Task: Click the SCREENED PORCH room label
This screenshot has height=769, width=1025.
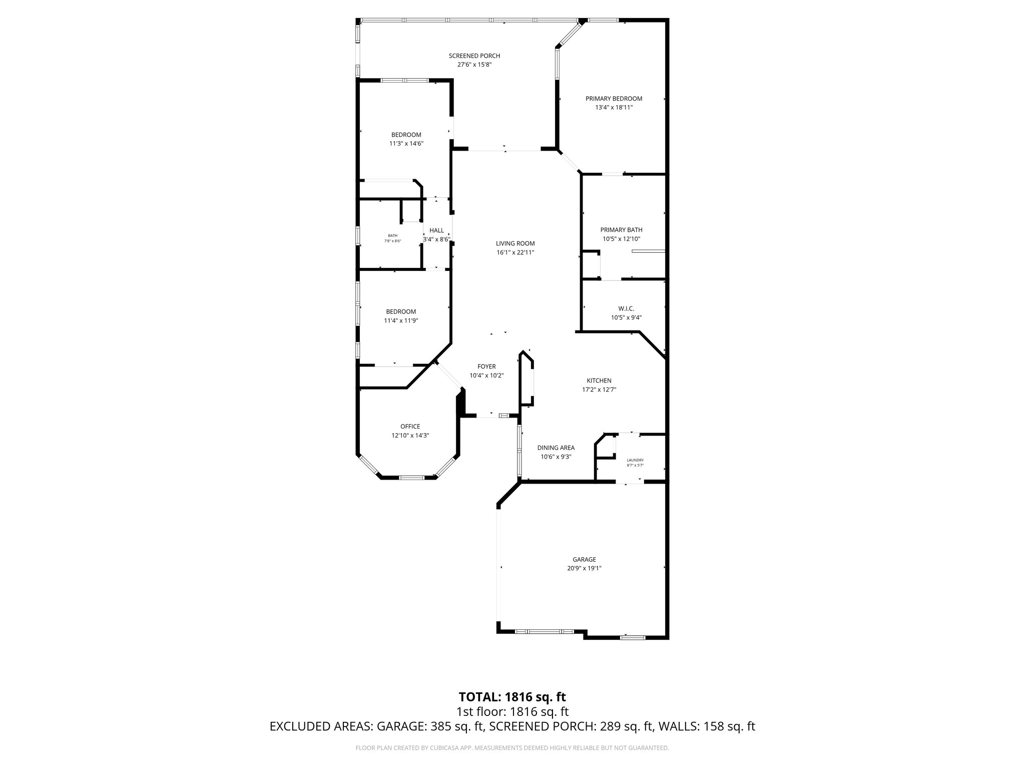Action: pos(474,56)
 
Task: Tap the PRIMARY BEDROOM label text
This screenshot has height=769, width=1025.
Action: pos(614,99)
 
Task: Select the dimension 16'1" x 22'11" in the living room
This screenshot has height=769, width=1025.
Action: pos(515,252)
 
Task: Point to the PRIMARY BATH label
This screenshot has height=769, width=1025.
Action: pos(621,230)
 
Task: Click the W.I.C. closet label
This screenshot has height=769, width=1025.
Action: pos(626,308)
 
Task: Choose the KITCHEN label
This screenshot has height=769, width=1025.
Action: pos(599,380)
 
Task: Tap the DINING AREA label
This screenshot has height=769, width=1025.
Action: pos(556,448)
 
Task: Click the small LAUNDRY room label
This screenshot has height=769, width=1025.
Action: pos(635,460)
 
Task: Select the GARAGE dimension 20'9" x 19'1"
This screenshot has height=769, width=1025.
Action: pos(584,568)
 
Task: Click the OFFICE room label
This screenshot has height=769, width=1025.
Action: pos(410,427)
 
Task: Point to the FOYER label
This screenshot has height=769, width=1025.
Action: pos(486,366)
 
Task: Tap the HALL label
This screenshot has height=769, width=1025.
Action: pos(436,230)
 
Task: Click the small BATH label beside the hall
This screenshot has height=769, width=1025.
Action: pos(392,235)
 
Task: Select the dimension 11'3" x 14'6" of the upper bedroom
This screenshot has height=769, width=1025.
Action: pos(406,143)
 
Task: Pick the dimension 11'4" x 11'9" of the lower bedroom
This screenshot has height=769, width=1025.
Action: pos(401,320)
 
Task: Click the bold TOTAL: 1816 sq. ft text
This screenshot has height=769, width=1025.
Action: pos(512,697)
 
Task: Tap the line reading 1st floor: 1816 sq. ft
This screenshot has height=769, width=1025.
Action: pos(512,711)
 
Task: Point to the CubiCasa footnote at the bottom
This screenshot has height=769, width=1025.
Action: pos(512,748)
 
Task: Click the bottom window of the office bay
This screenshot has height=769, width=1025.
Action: pos(410,478)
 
